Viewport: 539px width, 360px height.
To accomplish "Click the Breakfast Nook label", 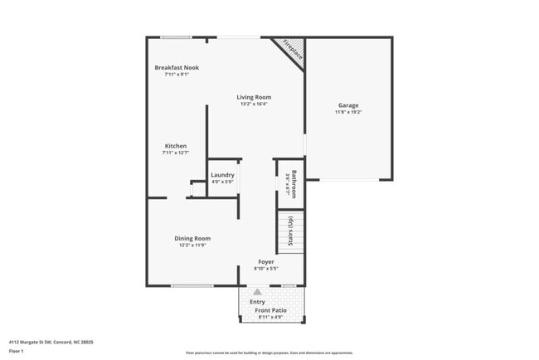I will tap(177, 67).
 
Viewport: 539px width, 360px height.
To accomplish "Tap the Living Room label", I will tap(255, 97).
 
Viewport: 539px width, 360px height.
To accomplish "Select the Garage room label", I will tap(348, 105).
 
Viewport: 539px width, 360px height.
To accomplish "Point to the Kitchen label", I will tap(175, 146).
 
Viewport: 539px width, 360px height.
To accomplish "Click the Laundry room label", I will tap(222, 175).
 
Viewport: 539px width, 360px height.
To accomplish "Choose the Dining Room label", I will tap(192, 239).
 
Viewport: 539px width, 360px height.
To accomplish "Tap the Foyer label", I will tap(265, 262).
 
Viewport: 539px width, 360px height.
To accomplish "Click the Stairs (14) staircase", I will tap(290, 232).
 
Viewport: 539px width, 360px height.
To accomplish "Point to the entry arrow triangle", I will tap(257, 292).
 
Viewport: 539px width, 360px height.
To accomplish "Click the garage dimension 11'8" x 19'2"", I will tap(348, 112).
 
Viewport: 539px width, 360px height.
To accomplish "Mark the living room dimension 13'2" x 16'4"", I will tap(255, 104).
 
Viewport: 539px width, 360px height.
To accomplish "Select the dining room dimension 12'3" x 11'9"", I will tap(192, 246).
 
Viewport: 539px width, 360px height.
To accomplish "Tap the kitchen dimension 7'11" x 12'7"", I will tap(175, 153).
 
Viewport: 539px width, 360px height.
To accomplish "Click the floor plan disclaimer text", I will tap(269, 353).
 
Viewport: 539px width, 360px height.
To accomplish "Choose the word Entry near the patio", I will tap(258, 301).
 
